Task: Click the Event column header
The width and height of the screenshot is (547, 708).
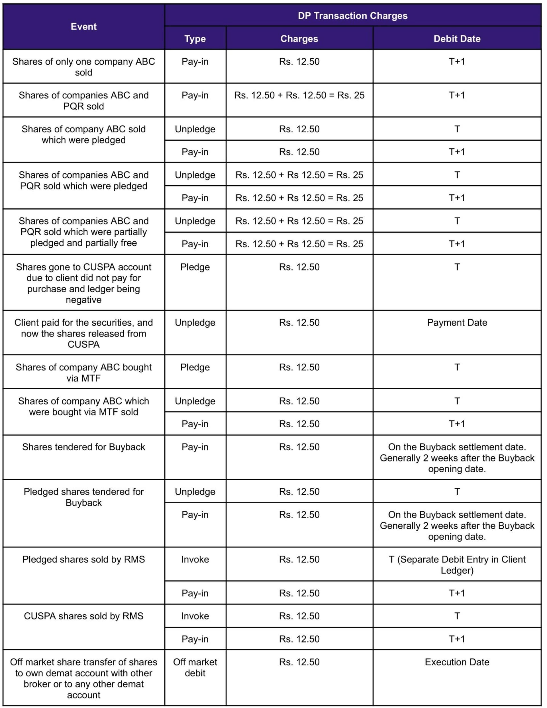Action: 83,26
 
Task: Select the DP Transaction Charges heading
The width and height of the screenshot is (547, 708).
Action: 352,16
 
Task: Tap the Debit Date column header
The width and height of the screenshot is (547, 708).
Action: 456,39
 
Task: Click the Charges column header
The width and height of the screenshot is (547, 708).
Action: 299,39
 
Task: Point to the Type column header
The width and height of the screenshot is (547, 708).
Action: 195,39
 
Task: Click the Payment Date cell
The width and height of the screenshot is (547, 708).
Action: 456,323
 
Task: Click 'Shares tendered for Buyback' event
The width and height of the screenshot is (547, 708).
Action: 83,447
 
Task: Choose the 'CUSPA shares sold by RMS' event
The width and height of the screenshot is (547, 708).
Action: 83,616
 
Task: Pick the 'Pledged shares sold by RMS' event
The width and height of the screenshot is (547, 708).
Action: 83,559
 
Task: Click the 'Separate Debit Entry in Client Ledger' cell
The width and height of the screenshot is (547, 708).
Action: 456,565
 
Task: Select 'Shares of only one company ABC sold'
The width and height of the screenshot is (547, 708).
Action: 83,67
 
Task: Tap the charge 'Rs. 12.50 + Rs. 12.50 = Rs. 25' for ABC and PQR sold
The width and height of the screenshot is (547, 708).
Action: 299,95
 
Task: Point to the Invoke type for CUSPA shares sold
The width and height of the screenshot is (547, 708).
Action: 195,616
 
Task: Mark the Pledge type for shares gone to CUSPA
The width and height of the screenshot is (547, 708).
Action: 195,267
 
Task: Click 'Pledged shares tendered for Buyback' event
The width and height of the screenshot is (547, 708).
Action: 83,497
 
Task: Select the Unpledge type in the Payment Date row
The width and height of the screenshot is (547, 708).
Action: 195,323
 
